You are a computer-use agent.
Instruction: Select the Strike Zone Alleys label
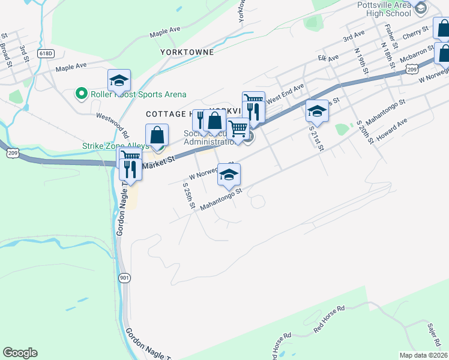click(112, 146)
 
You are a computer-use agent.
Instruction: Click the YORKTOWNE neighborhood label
click(187, 52)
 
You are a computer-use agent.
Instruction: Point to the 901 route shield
click(124, 278)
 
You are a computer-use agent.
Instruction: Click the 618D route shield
click(46, 53)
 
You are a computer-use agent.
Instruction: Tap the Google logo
click(20, 353)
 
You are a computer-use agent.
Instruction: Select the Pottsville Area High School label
click(383, 9)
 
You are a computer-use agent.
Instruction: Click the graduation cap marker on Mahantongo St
click(229, 175)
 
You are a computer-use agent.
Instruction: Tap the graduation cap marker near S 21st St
click(317, 111)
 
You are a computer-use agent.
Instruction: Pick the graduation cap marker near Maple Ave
click(119, 80)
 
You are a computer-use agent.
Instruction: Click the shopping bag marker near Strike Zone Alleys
click(157, 135)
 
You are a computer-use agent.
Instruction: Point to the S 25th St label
click(189, 196)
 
